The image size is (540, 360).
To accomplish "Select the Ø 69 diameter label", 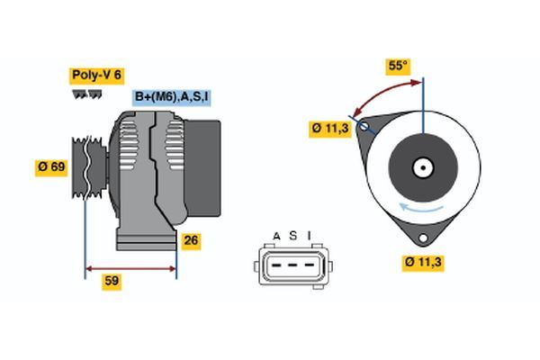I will click(51, 166).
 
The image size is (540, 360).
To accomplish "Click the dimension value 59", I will click(112, 281).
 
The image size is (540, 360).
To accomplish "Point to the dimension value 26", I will click(191, 240).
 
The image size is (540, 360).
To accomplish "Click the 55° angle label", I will click(397, 66).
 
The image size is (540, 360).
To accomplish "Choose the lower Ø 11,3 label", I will click(425, 262).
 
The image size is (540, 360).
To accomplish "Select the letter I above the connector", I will click(309, 237).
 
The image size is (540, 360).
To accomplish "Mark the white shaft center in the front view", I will click(422, 167).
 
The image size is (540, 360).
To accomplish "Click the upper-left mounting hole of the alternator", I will click(364, 126).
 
